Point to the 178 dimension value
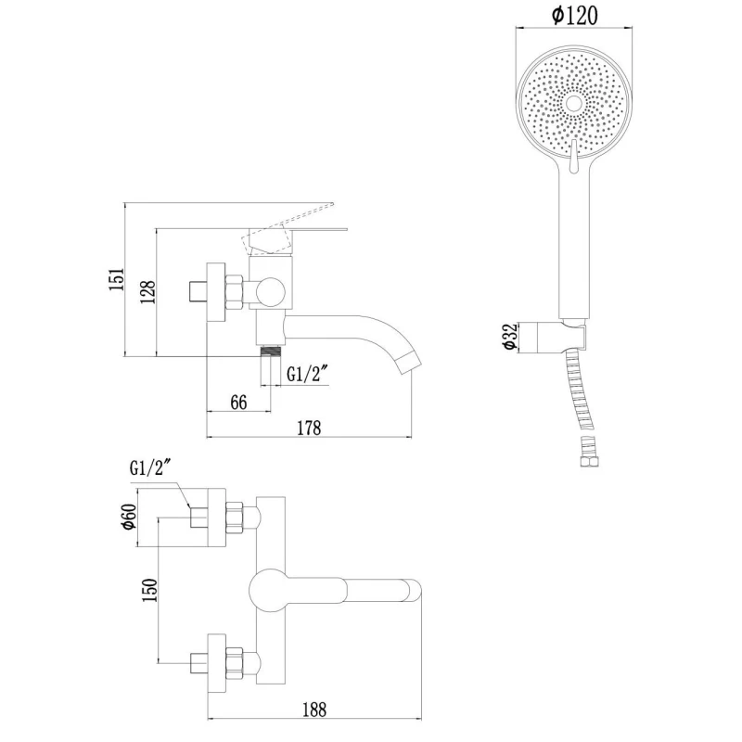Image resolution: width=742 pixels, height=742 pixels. coord(308,428)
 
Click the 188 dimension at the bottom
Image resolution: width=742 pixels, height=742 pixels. coord(314,710)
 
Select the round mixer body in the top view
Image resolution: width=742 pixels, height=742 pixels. coord(271,588)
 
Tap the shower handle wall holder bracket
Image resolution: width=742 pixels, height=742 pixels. coord(560,337)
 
